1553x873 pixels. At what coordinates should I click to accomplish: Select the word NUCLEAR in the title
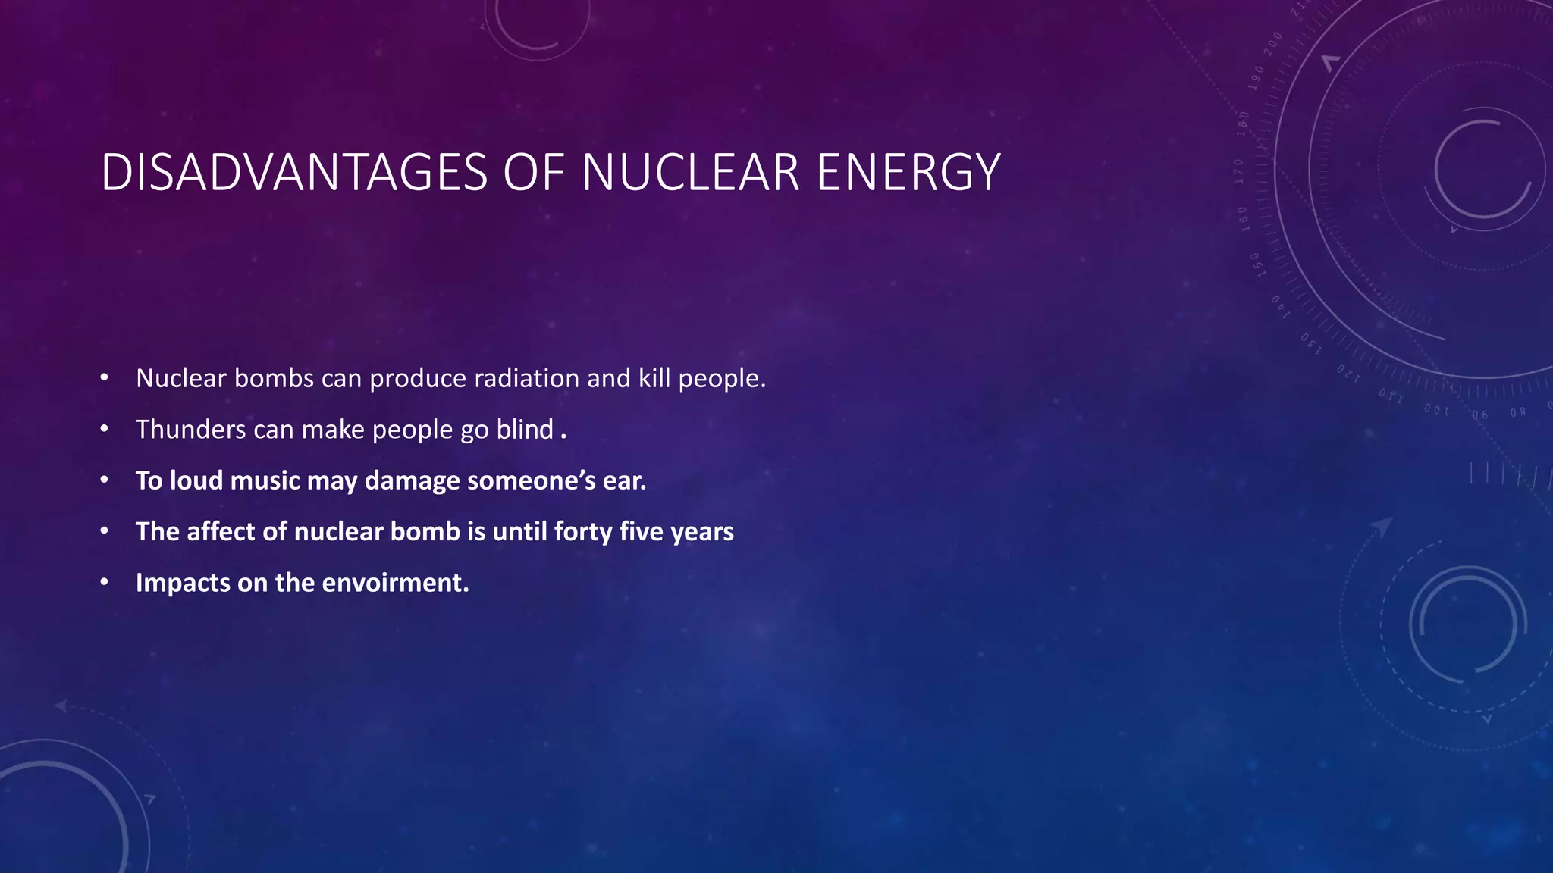click(x=691, y=173)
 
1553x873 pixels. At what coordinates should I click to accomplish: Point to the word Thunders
click(x=190, y=430)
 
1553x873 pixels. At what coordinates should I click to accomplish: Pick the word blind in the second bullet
click(x=525, y=430)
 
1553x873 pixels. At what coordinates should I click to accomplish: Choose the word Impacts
click(x=183, y=583)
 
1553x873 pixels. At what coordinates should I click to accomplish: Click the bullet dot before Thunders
click(x=105, y=430)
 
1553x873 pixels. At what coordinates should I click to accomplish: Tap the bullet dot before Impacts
click(x=105, y=583)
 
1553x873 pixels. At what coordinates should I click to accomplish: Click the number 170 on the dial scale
click(x=1239, y=172)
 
